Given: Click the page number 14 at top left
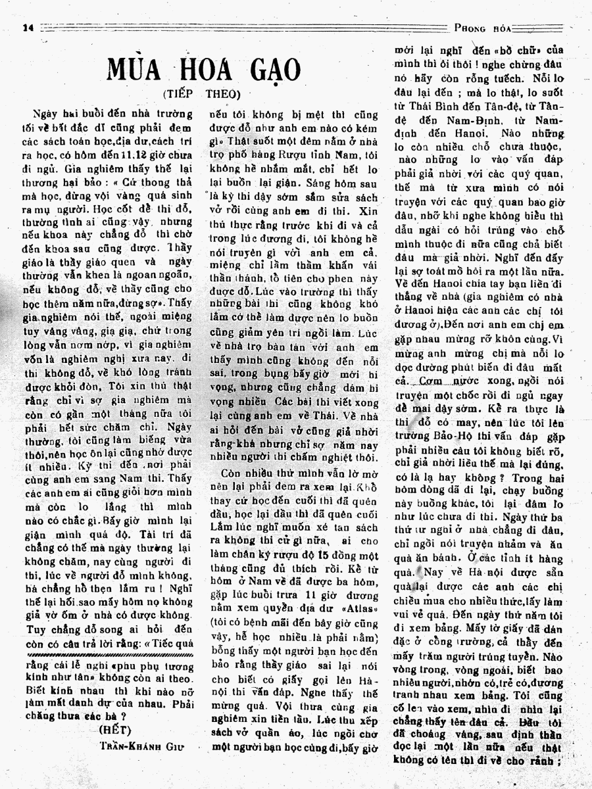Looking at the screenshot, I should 28,28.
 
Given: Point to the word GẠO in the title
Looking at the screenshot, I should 275,70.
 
